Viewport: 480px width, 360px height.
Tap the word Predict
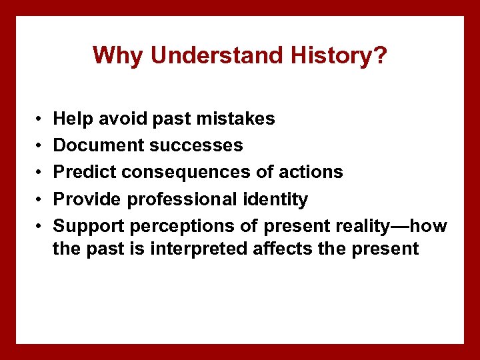(84, 172)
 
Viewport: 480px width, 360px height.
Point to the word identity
(278, 199)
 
